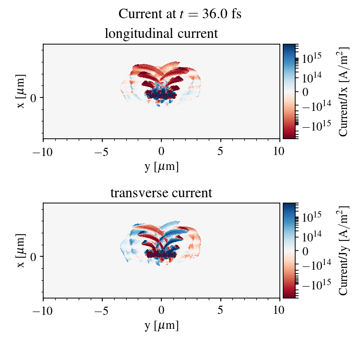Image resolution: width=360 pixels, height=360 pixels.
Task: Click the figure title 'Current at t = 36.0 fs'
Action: click(x=180, y=14)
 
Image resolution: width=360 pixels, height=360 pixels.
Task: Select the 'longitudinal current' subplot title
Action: click(x=161, y=34)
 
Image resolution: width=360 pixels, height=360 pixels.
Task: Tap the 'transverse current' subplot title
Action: click(x=161, y=193)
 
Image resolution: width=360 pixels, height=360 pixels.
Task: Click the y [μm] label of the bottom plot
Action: click(x=161, y=325)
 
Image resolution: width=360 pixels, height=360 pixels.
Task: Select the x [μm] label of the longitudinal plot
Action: click(x=21, y=91)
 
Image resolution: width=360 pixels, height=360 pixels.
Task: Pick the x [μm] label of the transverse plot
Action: click(x=21, y=250)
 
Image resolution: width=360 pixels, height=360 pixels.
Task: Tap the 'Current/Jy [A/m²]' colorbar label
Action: click(x=343, y=250)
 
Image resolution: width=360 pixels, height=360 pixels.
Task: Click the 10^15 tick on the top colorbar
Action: click(x=311, y=58)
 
